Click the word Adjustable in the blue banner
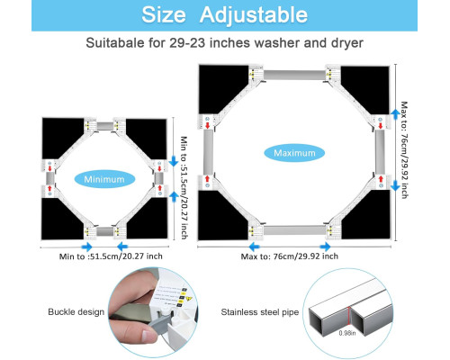pos(254,15)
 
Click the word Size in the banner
pos(164,14)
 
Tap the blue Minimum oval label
pos(104,179)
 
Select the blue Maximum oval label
pos(294,153)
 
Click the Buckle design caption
pos(76,312)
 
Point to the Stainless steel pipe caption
pos(260,312)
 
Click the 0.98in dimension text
pos(347,333)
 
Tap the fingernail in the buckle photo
pos(148,335)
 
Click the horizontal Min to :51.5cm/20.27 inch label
pos(111,256)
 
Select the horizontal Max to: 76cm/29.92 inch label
pos(290,256)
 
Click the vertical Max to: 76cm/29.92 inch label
pos(404,150)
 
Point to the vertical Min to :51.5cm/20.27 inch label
pos(184,188)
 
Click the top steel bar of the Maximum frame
pos(294,75)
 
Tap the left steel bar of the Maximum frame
pos(208,152)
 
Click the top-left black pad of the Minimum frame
pos(62,137)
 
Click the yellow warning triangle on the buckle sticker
pos(189,299)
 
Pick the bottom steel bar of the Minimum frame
pos(104,231)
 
